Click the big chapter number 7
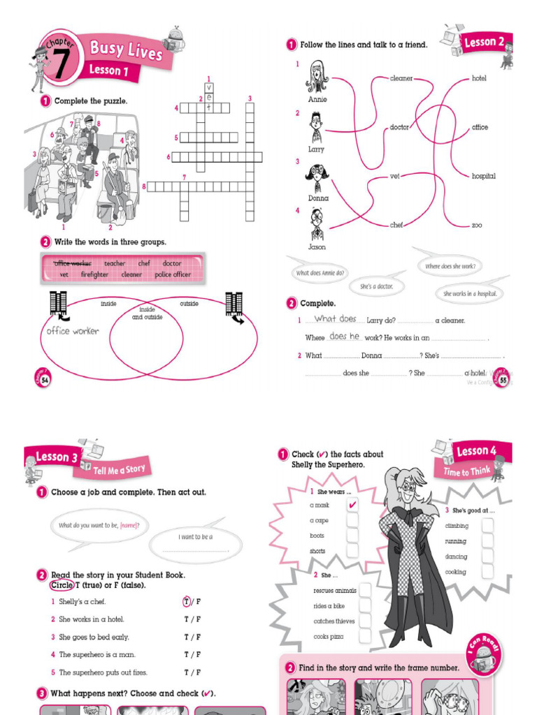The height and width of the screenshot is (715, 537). point(61,65)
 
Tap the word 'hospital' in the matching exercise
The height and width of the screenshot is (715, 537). point(483,176)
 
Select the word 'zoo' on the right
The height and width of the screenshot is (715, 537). point(477,225)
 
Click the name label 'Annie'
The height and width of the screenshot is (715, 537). point(317,99)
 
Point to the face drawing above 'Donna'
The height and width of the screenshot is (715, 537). point(317,176)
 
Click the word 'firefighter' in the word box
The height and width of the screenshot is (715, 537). point(94,274)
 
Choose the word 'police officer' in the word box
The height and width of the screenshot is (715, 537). point(173,274)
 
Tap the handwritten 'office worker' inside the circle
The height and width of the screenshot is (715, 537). point(73,331)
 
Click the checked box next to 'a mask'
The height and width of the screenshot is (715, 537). point(352,505)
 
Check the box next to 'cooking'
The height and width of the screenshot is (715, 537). point(487,572)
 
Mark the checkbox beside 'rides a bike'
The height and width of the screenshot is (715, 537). point(365,605)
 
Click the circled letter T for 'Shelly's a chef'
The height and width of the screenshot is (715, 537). point(187,601)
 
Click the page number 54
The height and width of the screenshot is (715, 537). point(45,379)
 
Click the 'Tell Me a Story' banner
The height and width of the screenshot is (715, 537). point(119,469)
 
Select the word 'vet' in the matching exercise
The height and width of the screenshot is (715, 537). point(394,176)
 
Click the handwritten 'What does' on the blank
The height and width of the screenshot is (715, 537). point(336,318)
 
